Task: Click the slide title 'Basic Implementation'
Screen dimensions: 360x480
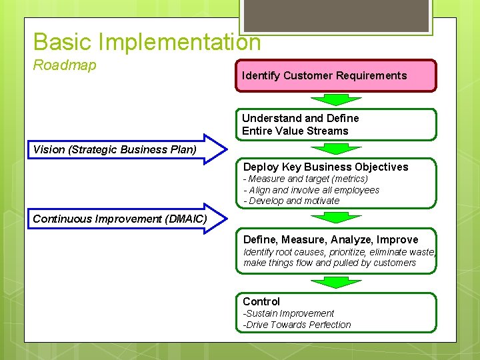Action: coord(147,42)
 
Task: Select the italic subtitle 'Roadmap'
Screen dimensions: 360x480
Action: coord(65,65)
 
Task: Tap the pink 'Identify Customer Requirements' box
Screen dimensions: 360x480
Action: coord(336,75)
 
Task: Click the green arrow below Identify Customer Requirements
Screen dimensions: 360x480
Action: coord(336,99)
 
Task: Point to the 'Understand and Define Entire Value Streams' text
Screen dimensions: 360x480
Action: coord(300,125)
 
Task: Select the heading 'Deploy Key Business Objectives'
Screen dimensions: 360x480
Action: coord(325,167)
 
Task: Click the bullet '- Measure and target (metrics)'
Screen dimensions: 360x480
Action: coord(305,179)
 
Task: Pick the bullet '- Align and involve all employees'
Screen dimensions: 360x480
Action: coord(311,190)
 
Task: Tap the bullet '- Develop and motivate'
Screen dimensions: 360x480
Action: coord(291,201)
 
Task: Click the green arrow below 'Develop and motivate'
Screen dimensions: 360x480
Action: coord(336,217)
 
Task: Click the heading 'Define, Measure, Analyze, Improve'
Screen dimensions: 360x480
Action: coord(331,239)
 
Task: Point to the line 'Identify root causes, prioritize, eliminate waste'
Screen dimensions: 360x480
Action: coord(339,252)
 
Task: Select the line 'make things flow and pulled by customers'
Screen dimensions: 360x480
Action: coord(329,263)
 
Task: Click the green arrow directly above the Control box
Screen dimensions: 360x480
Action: coord(336,283)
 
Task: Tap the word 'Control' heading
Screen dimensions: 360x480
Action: coord(261,301)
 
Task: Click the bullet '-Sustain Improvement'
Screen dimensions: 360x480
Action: coord(288,313)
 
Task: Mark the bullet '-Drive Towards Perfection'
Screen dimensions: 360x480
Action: coord(297,325)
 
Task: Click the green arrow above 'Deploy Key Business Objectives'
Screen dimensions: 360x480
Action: coord(336,149)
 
